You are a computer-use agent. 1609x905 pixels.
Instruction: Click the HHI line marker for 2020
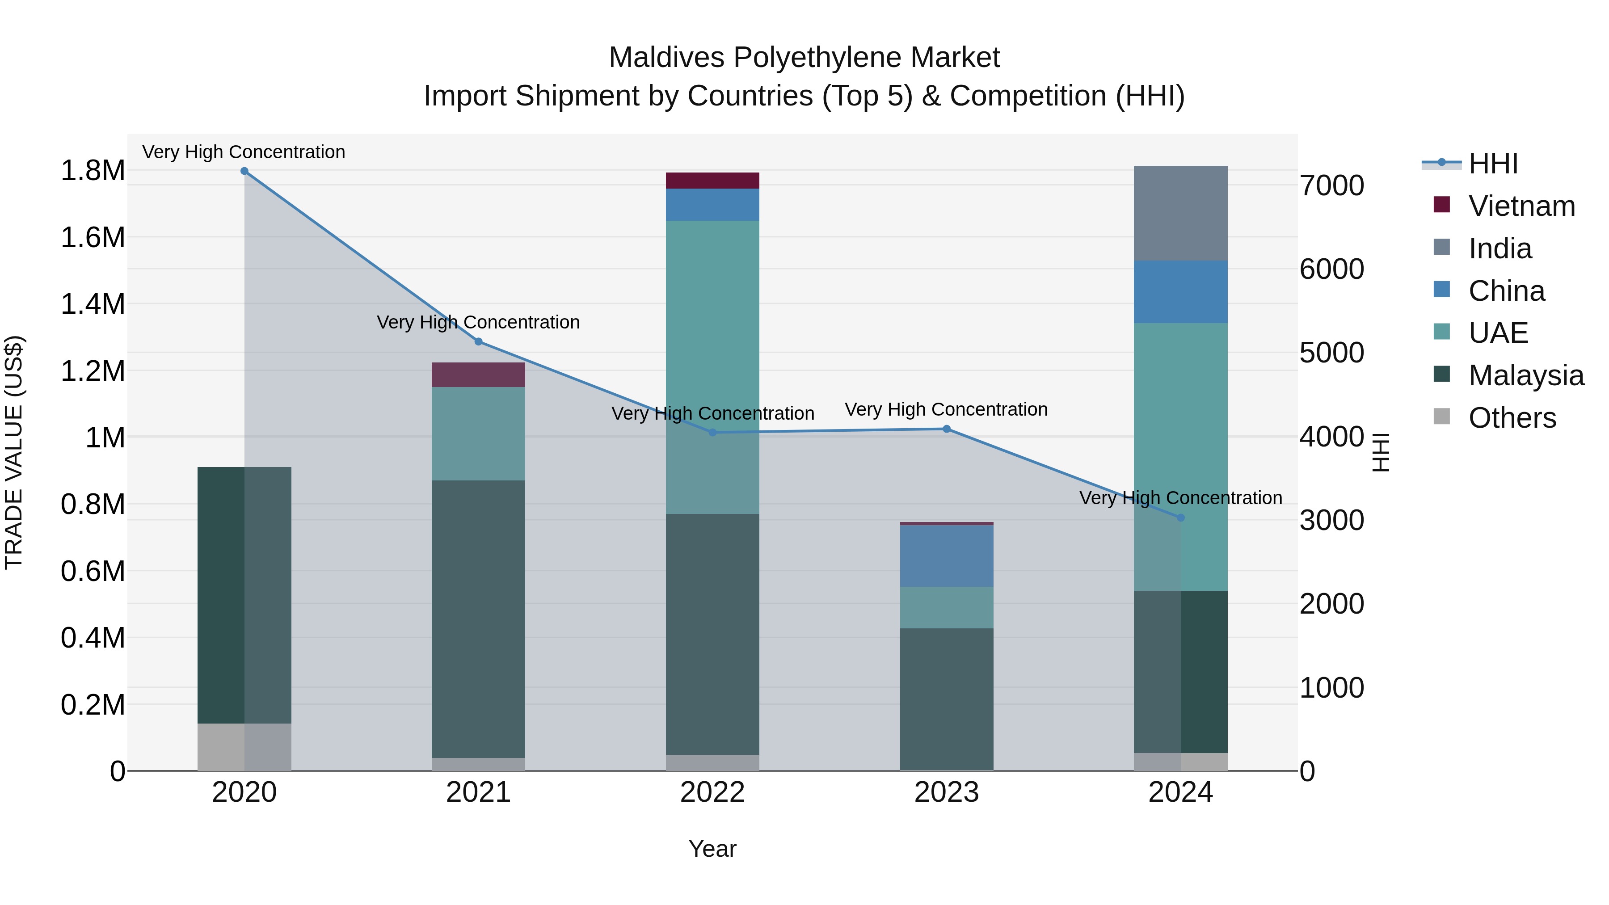tap(244, 171)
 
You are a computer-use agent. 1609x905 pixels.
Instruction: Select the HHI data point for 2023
tap(946, 429)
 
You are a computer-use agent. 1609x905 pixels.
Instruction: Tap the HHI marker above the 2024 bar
tap(1180, 518)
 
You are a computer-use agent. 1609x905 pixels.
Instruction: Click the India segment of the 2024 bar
tap(1180, 213)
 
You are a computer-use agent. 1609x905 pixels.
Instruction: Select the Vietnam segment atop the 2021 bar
tap(478, 375)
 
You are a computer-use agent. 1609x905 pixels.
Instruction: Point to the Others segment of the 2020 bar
tap(244, 747)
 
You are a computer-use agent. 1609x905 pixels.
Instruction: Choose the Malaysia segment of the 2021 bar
tap(478, 619)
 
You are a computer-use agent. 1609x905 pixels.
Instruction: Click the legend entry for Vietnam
tap(1521, 206)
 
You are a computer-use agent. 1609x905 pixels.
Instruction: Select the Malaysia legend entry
tap(1526, 375)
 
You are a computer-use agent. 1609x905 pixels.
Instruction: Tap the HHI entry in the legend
tap(1493, 164)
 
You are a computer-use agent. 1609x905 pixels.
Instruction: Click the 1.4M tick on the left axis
tap(93, 304)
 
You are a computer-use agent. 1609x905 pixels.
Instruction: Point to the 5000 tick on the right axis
tap(1332, 353)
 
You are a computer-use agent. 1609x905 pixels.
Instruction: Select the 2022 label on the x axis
tap(713, 792)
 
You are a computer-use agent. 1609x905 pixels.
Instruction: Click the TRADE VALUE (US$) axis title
tap(14, 452)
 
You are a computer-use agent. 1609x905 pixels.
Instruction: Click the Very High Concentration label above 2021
tap(478, 322)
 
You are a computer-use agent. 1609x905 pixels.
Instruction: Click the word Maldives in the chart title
tap(667, 58)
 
